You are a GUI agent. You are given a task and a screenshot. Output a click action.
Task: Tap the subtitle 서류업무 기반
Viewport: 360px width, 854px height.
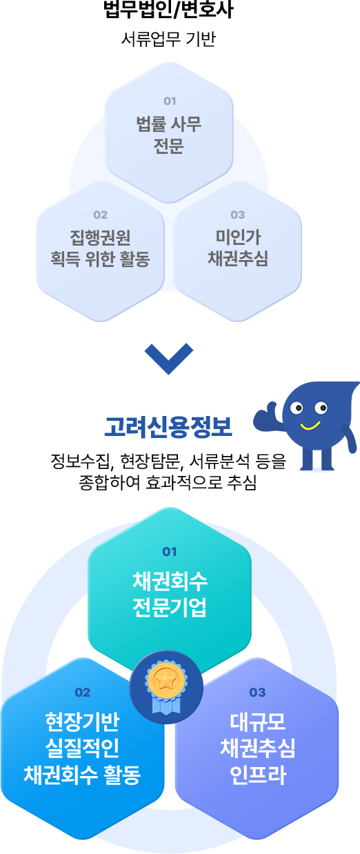[168, 39]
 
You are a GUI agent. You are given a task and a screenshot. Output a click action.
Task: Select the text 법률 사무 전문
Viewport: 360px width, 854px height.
[168, 135]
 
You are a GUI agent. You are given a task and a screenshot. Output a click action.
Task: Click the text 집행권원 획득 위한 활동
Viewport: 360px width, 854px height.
[100, 248]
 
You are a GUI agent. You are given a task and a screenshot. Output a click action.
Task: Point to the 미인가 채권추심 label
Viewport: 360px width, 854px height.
[237, 248]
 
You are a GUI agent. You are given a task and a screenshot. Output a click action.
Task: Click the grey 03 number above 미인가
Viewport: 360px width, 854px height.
[237, 215]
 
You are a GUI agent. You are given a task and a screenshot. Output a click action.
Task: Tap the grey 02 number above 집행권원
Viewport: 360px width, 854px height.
[100, 215]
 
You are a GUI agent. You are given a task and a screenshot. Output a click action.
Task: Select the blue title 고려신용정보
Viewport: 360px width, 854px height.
[168, 427]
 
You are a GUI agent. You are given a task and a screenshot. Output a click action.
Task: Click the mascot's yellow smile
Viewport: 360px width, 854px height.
[310, 426]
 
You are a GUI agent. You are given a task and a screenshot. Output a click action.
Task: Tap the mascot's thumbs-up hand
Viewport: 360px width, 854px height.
[268, 417]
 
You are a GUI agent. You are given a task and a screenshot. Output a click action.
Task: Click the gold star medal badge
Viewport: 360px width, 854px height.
[166, 686]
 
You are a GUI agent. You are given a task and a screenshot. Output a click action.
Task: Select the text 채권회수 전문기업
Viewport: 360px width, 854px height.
[170, 595]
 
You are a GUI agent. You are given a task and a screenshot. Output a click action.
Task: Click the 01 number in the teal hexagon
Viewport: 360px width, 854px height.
[170, 552]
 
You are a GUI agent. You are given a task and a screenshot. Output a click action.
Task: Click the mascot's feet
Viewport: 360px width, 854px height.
[317, 466]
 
